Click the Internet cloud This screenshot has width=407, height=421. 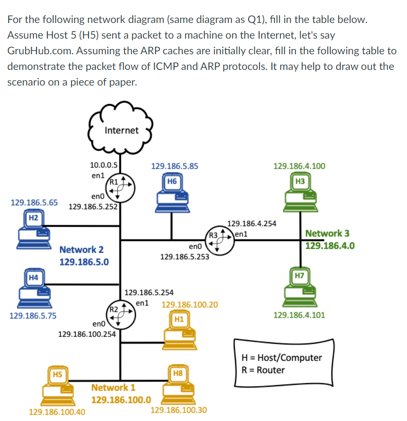point(121,130)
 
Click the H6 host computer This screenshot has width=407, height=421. point(172,196)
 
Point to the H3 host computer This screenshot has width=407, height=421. point(299,196)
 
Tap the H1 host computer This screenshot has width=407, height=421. point(179,331)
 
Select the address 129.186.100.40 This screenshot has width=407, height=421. point(57,412)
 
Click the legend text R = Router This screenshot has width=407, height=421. point(264,370)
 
